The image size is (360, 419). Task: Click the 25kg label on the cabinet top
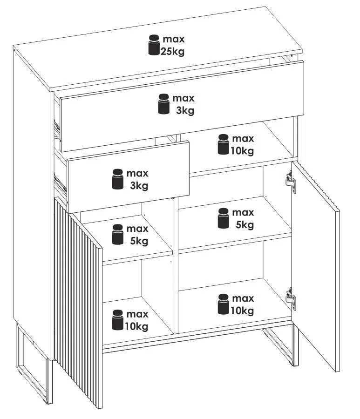(x=172, y=51)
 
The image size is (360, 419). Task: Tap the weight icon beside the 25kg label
(x=154, y=45)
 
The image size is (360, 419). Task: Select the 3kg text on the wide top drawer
(x=185, y=110)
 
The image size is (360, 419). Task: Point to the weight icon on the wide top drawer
(x=163, y=104)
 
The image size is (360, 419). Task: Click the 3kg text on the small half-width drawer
(x=139, y=185)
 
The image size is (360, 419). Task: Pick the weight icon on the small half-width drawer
(x=118, y=179)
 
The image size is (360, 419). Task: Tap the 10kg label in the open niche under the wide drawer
(x=242, y=151)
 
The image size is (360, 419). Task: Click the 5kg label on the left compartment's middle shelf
(x=139, y=241)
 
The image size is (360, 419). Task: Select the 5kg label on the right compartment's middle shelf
(x=245, y=225)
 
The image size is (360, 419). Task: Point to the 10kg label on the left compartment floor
(x=136, y=326)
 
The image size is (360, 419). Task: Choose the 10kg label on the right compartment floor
(x=242, y=310)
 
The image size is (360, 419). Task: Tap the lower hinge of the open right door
(x=291, y=299)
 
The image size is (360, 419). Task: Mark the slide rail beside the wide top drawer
(x=57, y=128)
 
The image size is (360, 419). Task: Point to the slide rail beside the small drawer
(x=61, y=183)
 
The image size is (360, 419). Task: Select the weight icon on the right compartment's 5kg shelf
(x=224, y=218)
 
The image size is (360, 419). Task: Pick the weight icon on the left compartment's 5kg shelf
(x=118, y=234)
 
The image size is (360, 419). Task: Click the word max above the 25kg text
(x=174, y=39)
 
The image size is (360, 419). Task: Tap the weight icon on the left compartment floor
(x=118, y=320)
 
